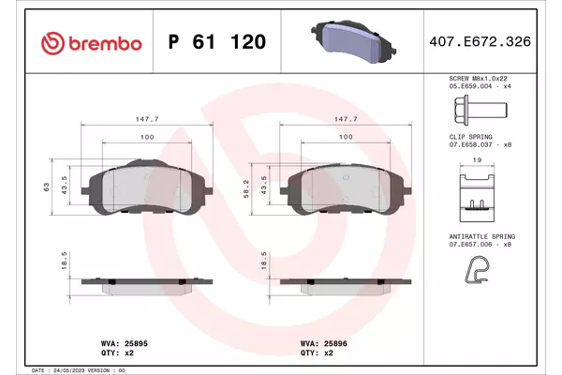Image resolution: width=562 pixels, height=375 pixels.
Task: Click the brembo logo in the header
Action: (92, 43)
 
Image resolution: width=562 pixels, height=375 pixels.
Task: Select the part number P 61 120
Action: (217, 41)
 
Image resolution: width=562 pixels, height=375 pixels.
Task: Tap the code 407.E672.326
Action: (480, 41)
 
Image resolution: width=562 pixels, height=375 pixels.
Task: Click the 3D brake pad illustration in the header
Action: (353, 42)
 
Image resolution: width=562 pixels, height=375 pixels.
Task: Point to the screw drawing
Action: (481, 111)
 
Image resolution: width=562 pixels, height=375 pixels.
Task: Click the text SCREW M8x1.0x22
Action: (478, 78)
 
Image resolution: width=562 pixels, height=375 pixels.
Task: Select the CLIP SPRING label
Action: (470, 137)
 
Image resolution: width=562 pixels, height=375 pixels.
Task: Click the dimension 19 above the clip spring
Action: (477, 159)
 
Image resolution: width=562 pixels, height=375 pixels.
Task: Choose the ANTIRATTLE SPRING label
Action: (482, 236)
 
